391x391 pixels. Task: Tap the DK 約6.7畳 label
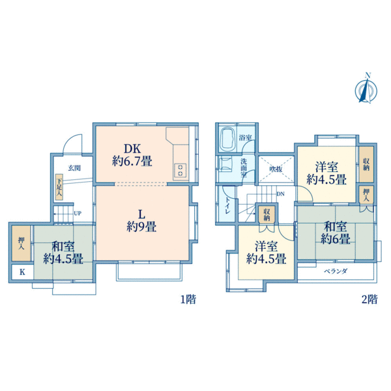click(x=132, y=154)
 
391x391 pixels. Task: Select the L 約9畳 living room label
click(x=141, y=220)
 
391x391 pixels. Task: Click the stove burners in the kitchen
click(x=179, y=171)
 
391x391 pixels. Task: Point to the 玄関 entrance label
click(x=74, y=168)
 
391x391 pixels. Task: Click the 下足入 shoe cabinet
click(x=59, y=188)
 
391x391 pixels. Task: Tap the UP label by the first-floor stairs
click(x=78, y=213)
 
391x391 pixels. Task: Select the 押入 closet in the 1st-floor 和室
click(x=20, y=244)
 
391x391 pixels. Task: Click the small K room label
click(x=22, y=272)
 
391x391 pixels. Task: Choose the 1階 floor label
click(x=188, y=300)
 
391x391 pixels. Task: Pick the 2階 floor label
click(x=369, y=300)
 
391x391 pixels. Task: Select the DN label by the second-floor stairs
click(x=280, y=194)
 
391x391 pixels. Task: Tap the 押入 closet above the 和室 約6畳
click(x=366, y=195)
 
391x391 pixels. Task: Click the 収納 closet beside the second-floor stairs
click(x=267, y=214)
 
